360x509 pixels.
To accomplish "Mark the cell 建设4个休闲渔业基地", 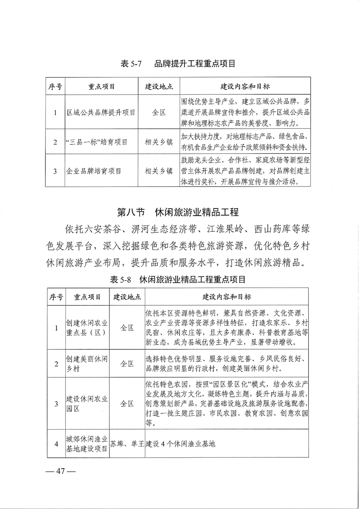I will coord(180,444).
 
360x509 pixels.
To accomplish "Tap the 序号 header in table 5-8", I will coord(56,297).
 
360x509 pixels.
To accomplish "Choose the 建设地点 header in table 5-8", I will coord(127,297).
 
